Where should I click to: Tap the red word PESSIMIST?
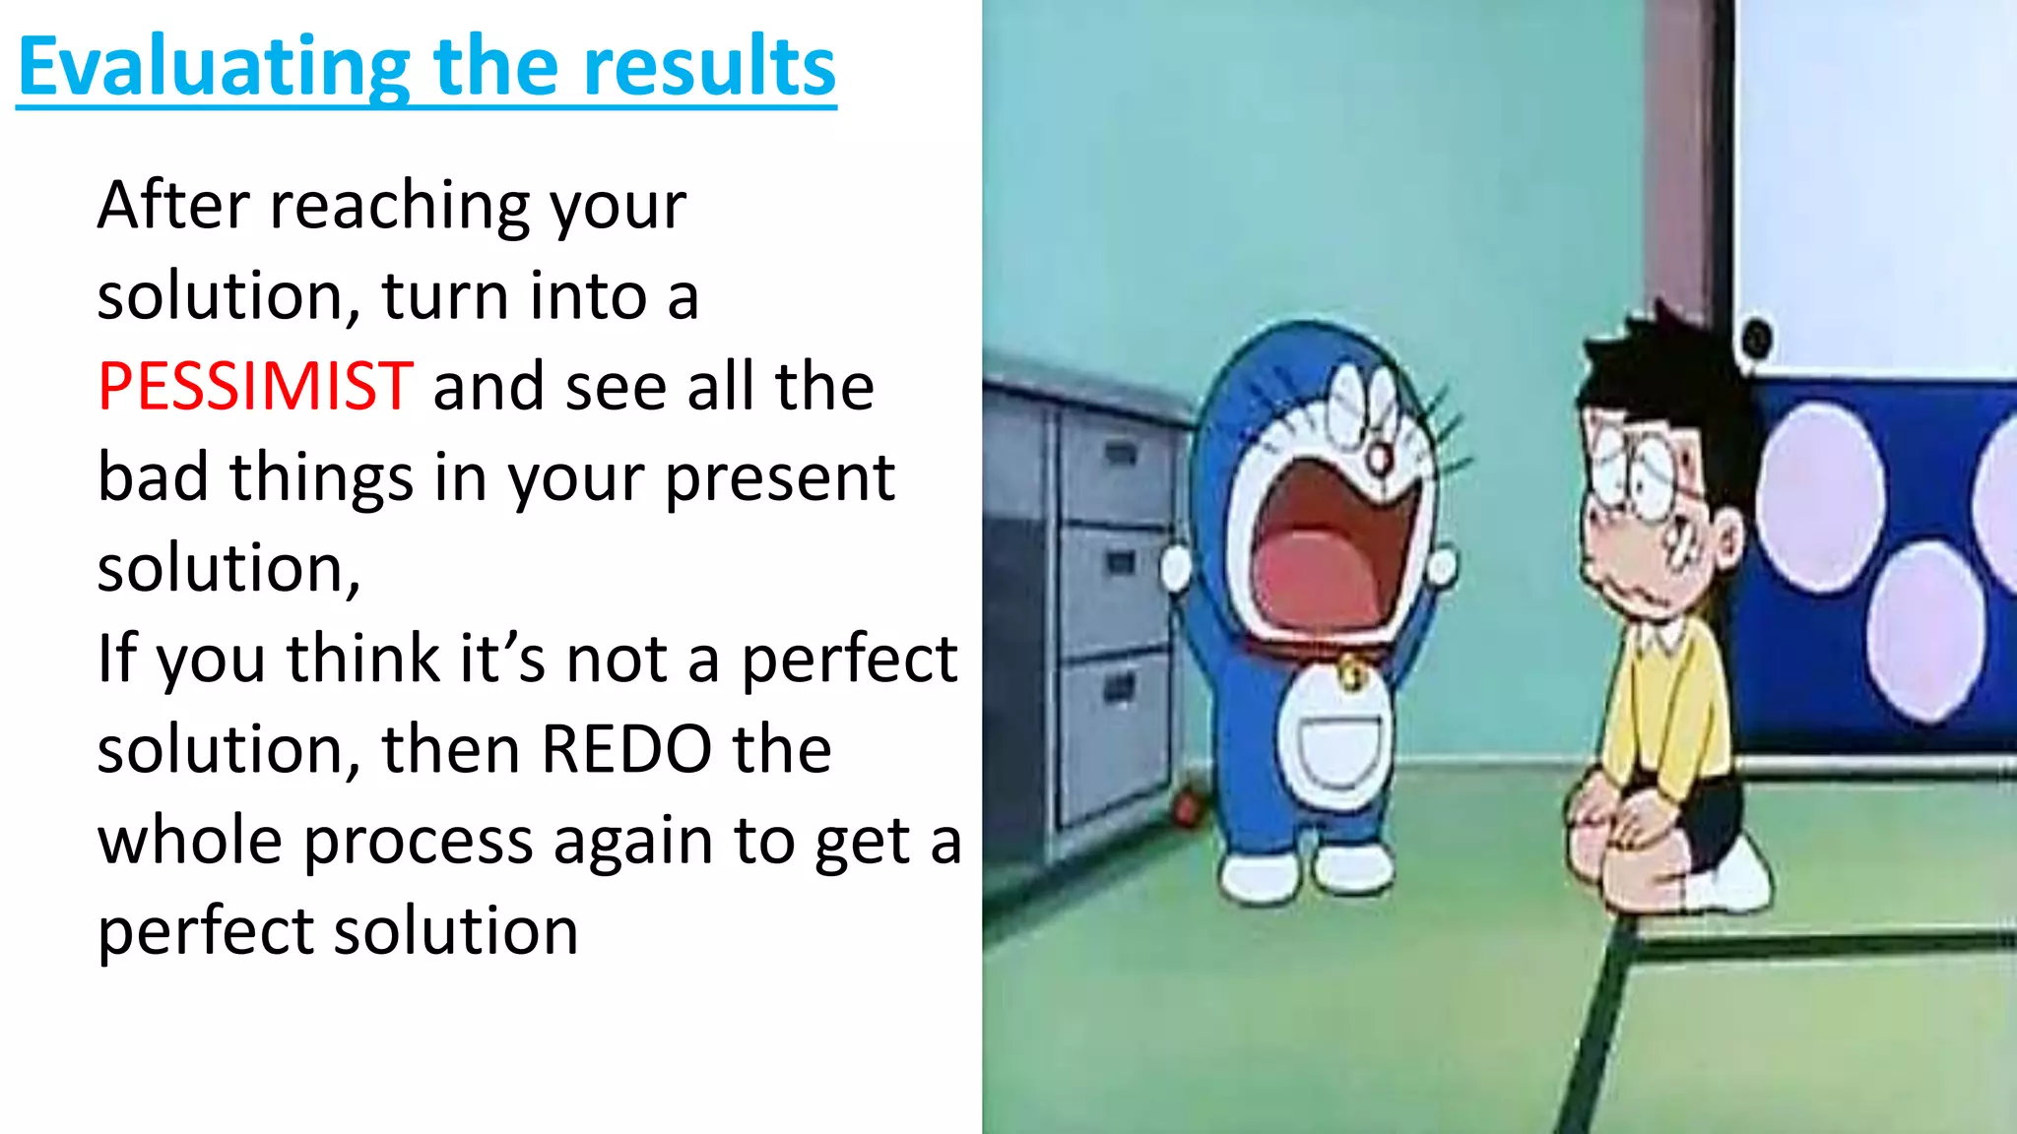point(255,386)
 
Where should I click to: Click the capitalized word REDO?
point(626,749)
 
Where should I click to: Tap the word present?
point(779,478)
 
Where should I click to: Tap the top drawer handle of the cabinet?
point(1121,454)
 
